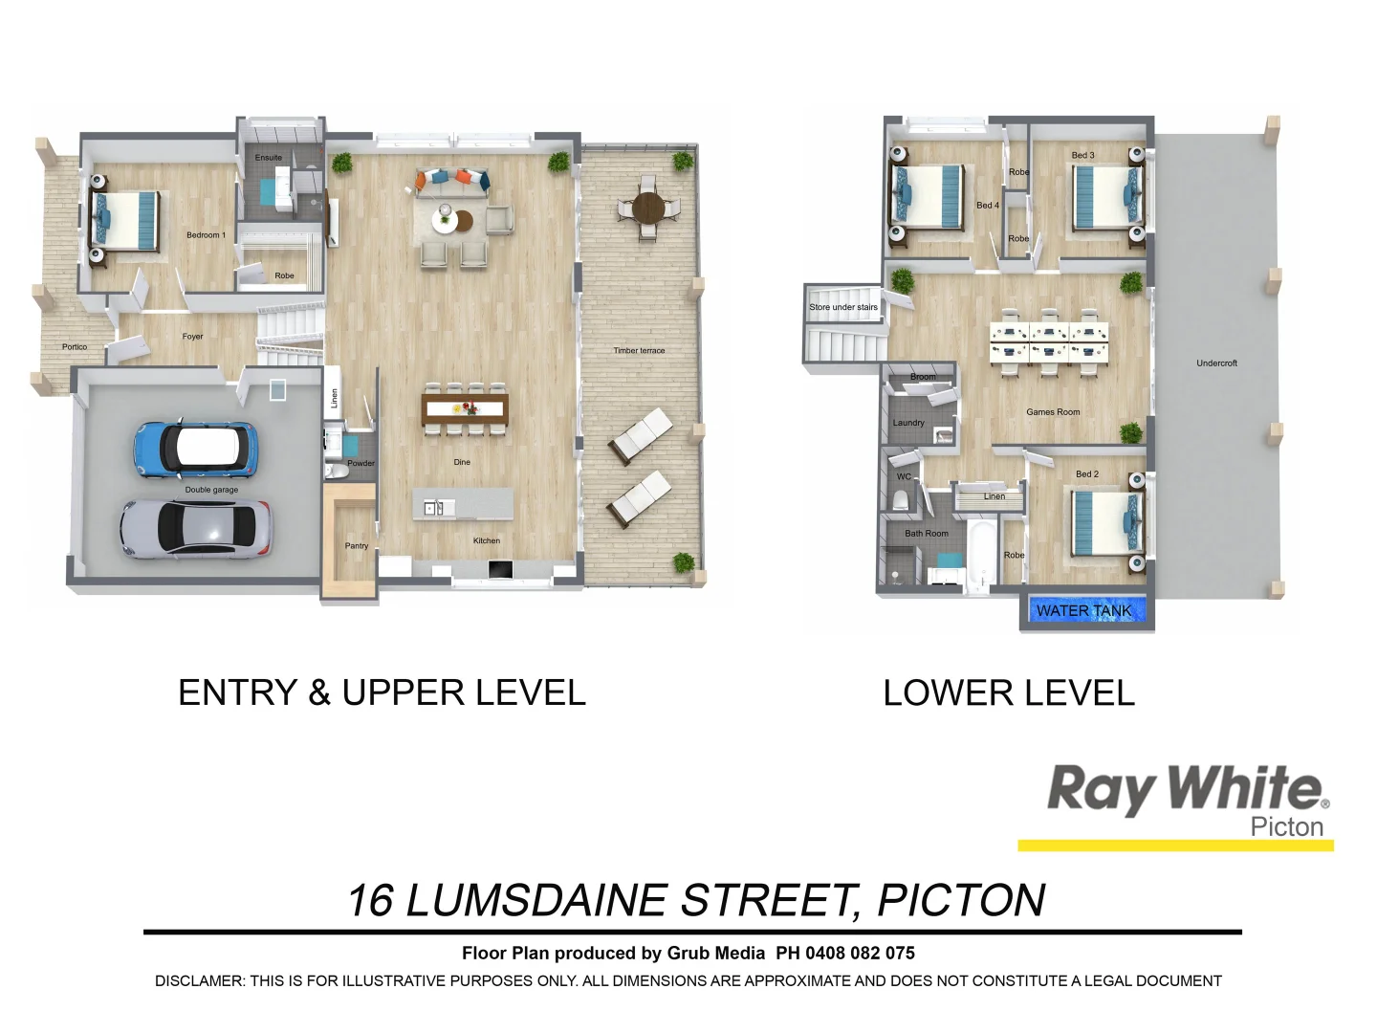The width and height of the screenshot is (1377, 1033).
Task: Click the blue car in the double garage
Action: [196, 448]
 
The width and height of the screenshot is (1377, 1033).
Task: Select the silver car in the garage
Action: [195, 528]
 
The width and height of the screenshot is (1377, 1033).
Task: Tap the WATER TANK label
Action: [1083, 610]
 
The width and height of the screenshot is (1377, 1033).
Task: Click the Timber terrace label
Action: [639, 351]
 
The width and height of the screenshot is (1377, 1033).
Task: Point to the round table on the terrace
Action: [648, 208]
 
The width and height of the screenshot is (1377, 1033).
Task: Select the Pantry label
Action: [356, 546]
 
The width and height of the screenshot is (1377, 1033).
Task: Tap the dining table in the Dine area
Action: [465, 409]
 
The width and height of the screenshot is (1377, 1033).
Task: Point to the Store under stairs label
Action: [842, 307]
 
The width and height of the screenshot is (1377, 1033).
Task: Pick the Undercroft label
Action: [1216, 363]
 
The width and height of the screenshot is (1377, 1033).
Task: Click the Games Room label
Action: [1053, 412]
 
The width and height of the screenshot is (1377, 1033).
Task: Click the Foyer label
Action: [192, 337]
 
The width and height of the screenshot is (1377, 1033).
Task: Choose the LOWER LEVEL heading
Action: [1009, 693]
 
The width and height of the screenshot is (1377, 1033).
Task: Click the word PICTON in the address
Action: [961, 901]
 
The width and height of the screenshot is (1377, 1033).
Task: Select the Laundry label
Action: [908, 423]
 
